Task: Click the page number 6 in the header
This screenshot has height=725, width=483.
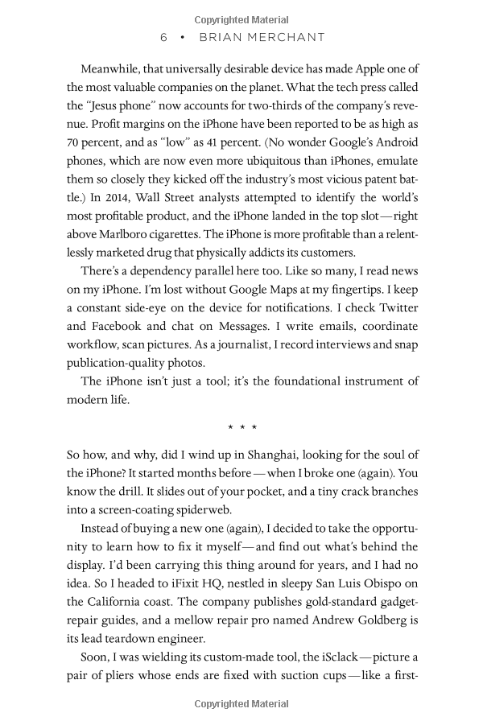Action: click(163, 37)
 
